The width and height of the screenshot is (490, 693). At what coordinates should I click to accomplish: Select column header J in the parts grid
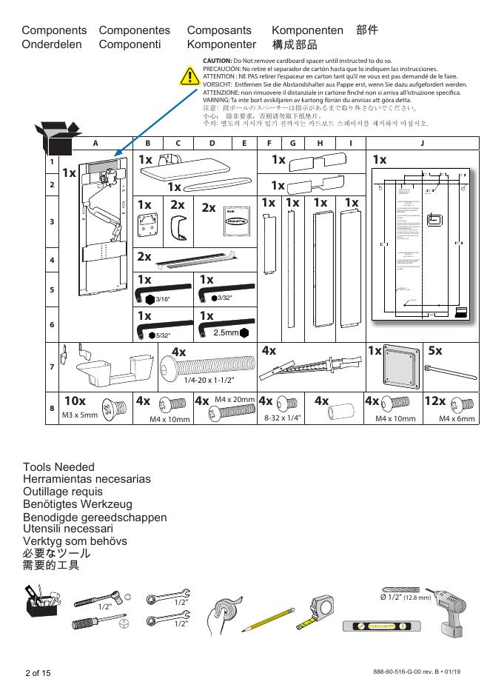[x=422, y=144]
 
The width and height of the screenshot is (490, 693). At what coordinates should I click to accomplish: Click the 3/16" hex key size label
[x=162, y=299]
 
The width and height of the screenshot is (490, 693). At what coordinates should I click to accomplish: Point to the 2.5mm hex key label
[x=226, y=333]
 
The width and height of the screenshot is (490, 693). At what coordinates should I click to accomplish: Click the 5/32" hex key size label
[x=162, y=335]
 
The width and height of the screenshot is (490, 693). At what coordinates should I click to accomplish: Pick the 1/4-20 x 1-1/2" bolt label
[x=209, y=380]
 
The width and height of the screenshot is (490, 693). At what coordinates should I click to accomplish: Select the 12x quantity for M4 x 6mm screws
[x=435, y=401]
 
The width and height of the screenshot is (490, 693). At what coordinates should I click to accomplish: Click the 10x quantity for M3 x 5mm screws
[x=75, y=401]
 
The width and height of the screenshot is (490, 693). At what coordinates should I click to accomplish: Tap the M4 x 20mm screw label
[x=235, y=400]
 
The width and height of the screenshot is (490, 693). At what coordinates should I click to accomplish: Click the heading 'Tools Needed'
[x=58, y=466]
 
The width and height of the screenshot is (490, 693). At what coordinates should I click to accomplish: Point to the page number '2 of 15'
[x=38, y=672]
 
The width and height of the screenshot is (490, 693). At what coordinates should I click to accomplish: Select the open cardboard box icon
[x=55, y=138]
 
